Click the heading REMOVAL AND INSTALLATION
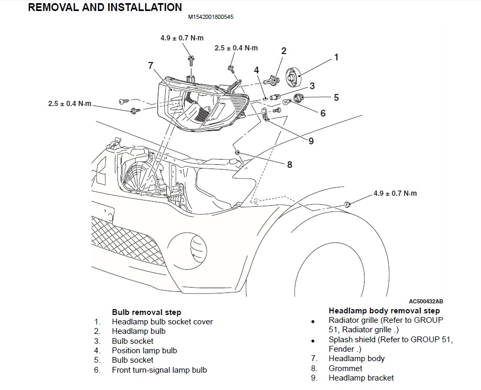click(104, 7)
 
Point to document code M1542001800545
click(211, 17)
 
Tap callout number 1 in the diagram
click(336, 57)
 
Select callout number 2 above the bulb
click(284, 51)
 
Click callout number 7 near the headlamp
click(151, 66)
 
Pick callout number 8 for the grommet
click(289, 164)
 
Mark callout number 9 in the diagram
click(311, 141)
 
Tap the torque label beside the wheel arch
click(395, 193)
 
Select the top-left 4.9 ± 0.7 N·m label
click(182, 38)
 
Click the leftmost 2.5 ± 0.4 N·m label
click(69, 103)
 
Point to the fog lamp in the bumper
click(198, 244)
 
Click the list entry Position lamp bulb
click(144, 350)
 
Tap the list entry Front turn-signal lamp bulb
click(159, 370)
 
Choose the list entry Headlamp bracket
click(361, 377)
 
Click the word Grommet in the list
click(345, 368)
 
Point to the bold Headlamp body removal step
click(384, 311)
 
